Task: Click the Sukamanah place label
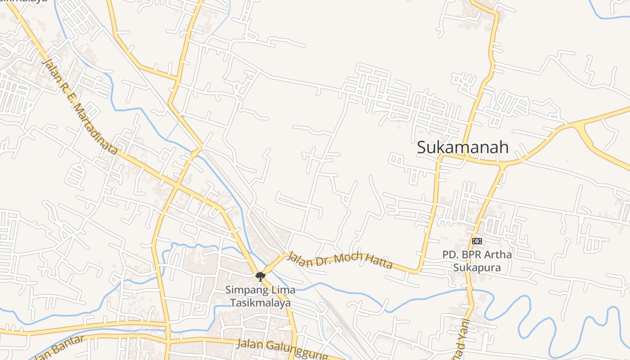point(463,147)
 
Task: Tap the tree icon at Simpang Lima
point(260,276)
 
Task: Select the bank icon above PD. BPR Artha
point(477,241)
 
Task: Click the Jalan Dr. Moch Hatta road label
point(340,260)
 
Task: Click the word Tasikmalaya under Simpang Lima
point(261,303)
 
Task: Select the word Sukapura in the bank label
point(477,268)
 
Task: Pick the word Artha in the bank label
point(499,255)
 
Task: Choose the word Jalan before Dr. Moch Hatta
point(298,258)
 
